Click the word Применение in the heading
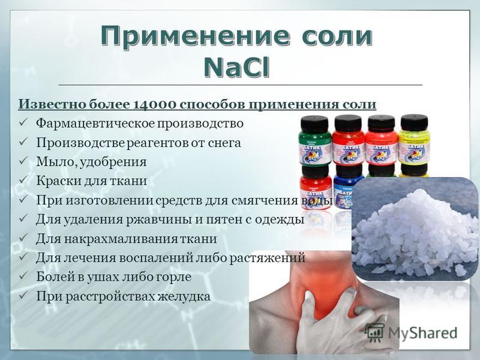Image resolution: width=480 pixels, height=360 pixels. [195, 36]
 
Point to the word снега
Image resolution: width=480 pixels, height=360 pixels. [224, 143]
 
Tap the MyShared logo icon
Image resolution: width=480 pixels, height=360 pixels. [374, 332]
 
